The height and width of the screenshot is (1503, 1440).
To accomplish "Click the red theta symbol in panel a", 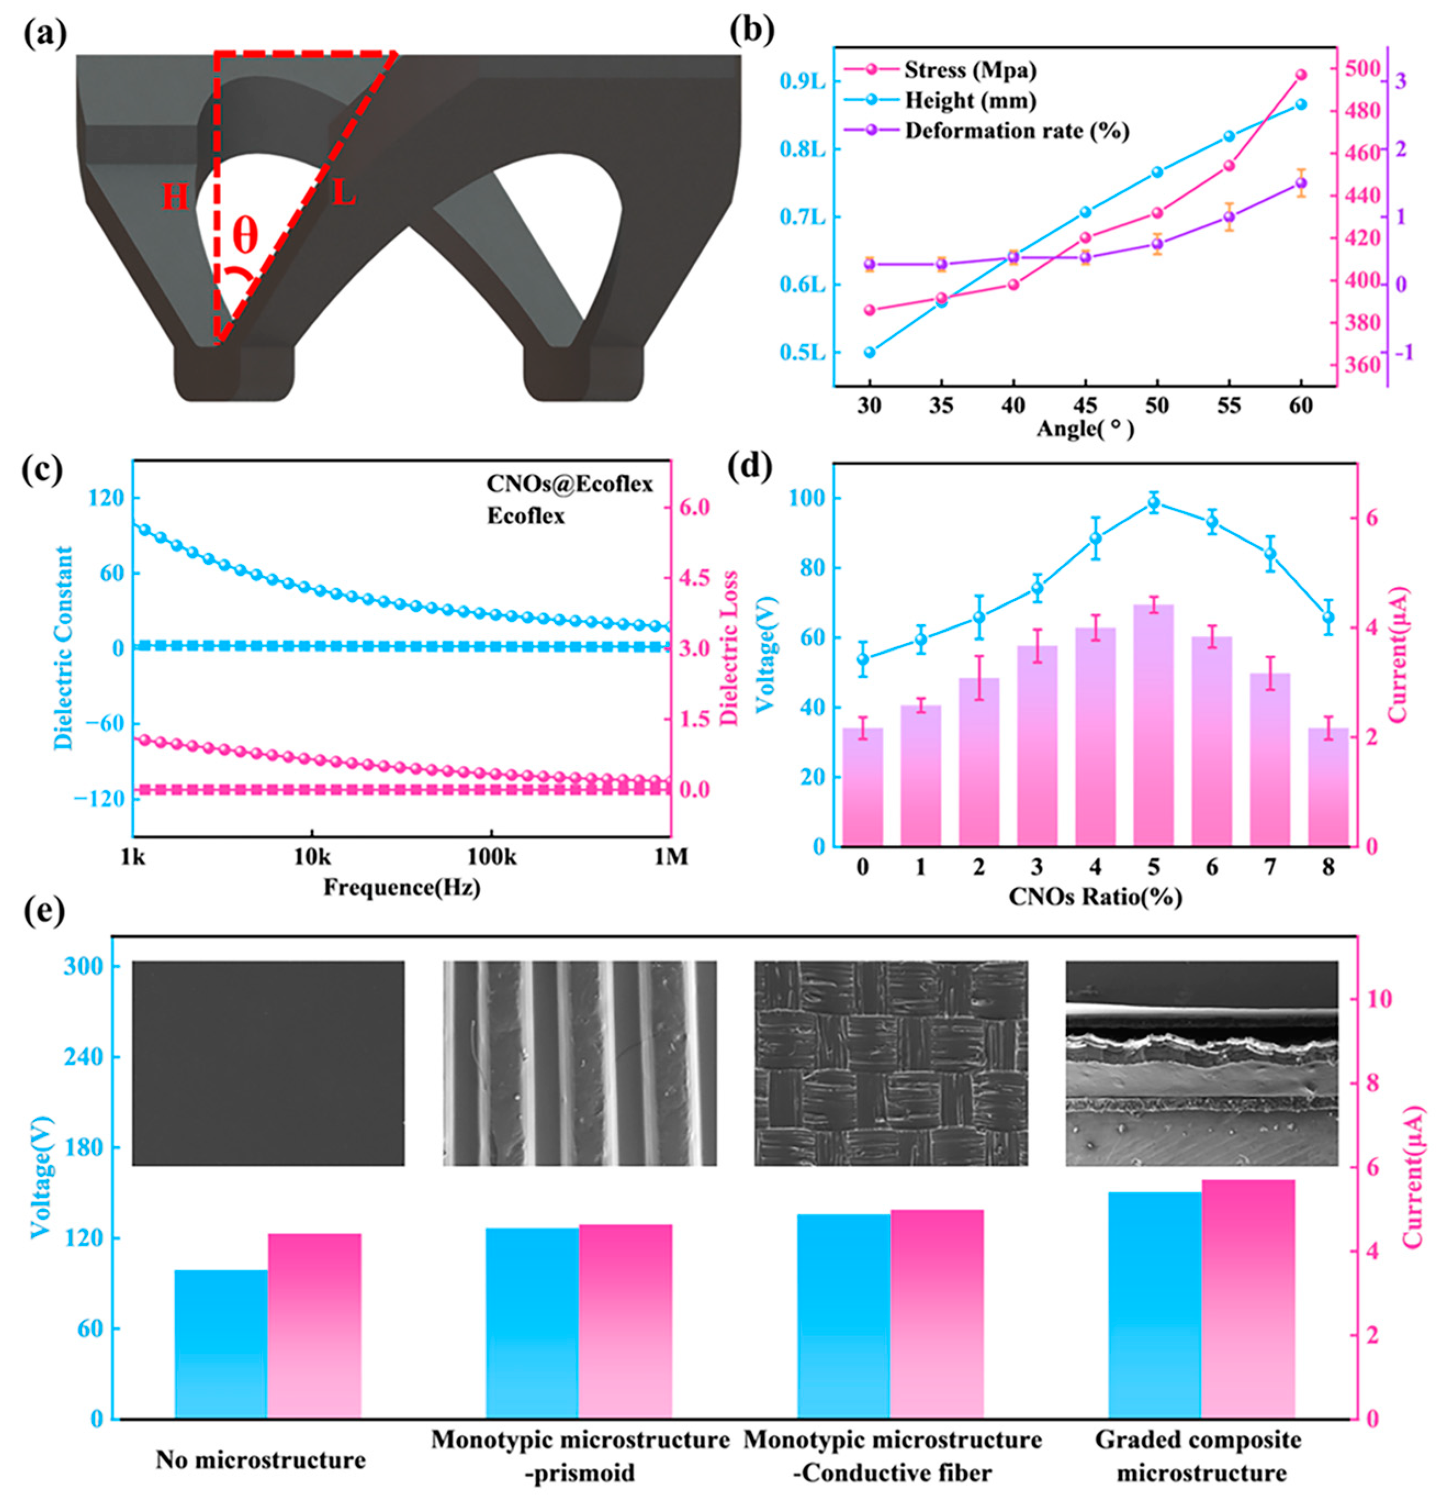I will point(245,235).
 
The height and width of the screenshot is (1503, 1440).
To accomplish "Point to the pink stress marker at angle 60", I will point(1301,75).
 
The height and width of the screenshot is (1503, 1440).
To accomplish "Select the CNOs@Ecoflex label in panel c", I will point(570,484).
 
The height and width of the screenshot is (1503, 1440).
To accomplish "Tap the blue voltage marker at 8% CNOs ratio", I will point(1328,616).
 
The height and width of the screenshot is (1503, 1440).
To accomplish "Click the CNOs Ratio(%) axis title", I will point(1095,896).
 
